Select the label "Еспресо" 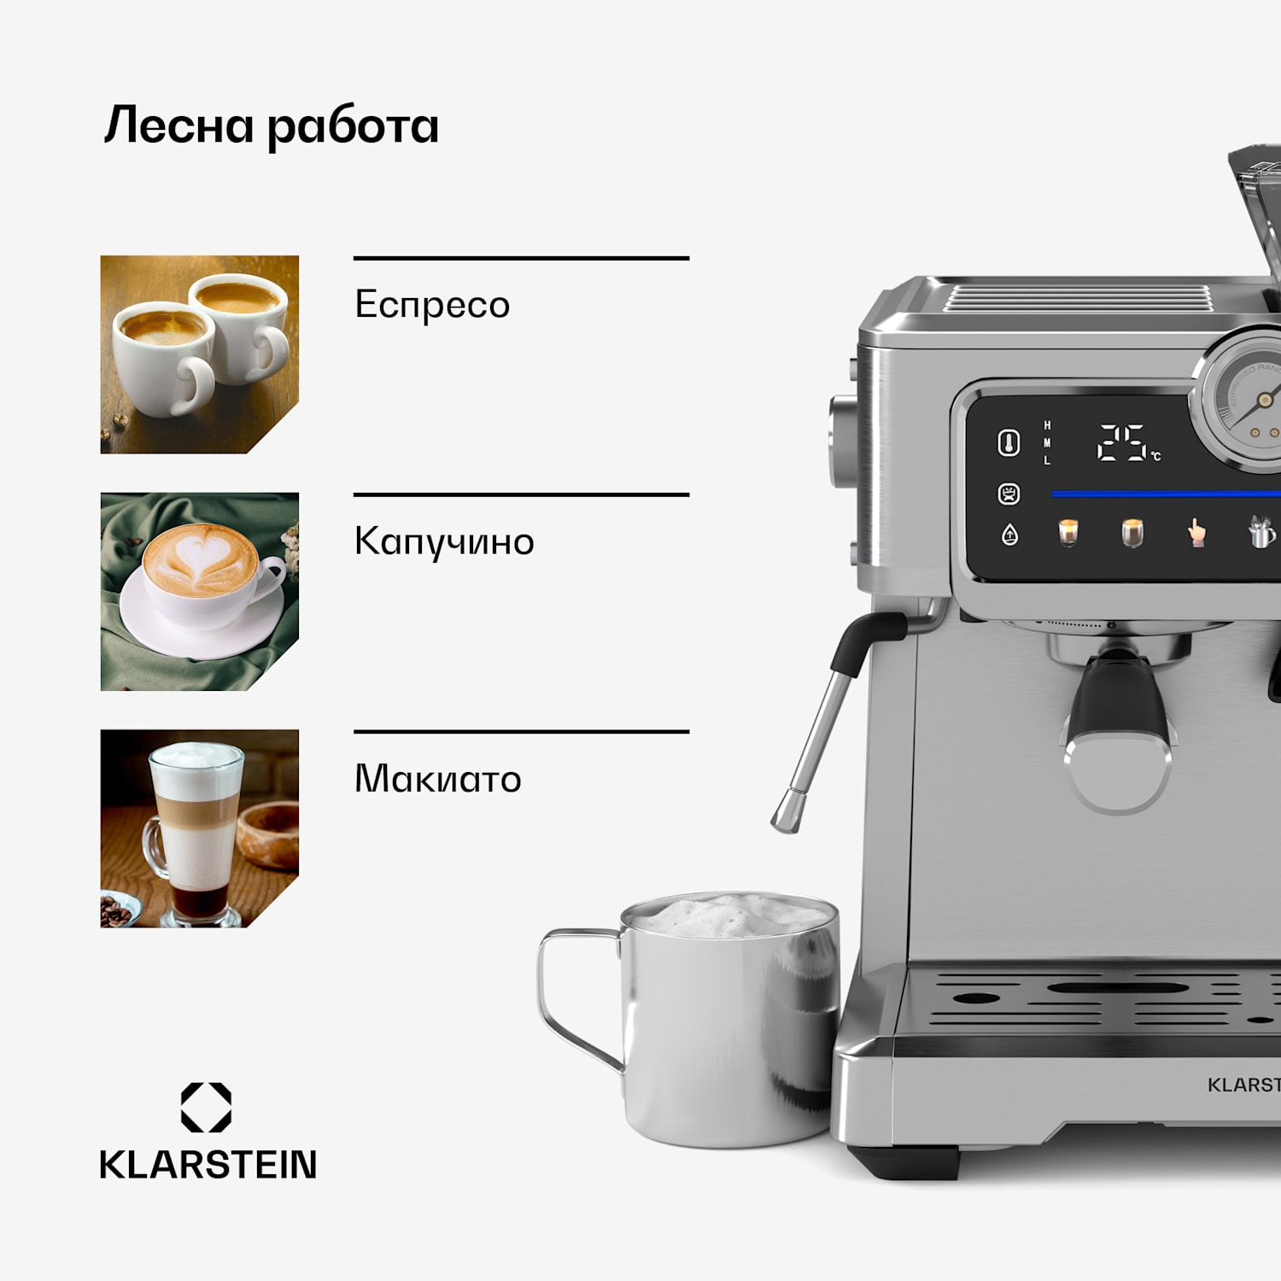click(432, 305)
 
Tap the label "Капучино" click(444, 541)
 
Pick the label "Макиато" click(437, 779)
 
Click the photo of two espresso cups click(199, 354)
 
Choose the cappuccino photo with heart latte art click(199, 591)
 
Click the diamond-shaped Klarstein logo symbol click(206, 1107)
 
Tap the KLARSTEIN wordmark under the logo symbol click(208, 1165)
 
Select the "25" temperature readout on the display click(1121, 443)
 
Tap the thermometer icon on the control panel click(1009, 443)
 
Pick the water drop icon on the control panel click(1009, 535)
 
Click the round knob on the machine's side click(841, 441)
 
